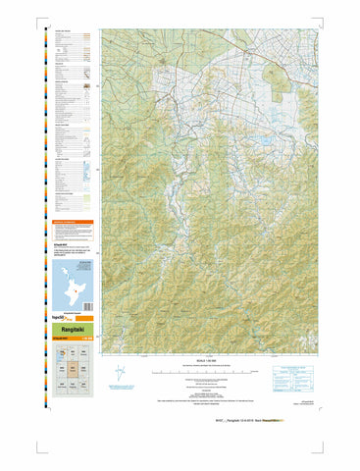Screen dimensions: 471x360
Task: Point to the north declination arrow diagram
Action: pos(119,374)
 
